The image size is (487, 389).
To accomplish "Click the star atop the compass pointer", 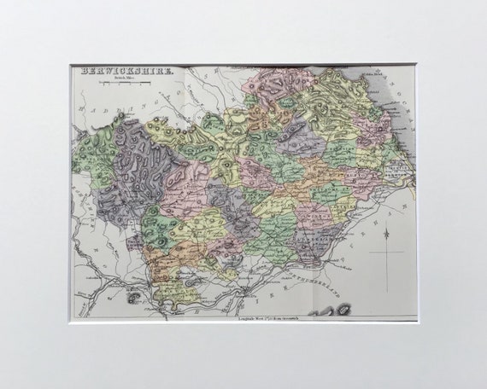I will [x=386, y=232].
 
